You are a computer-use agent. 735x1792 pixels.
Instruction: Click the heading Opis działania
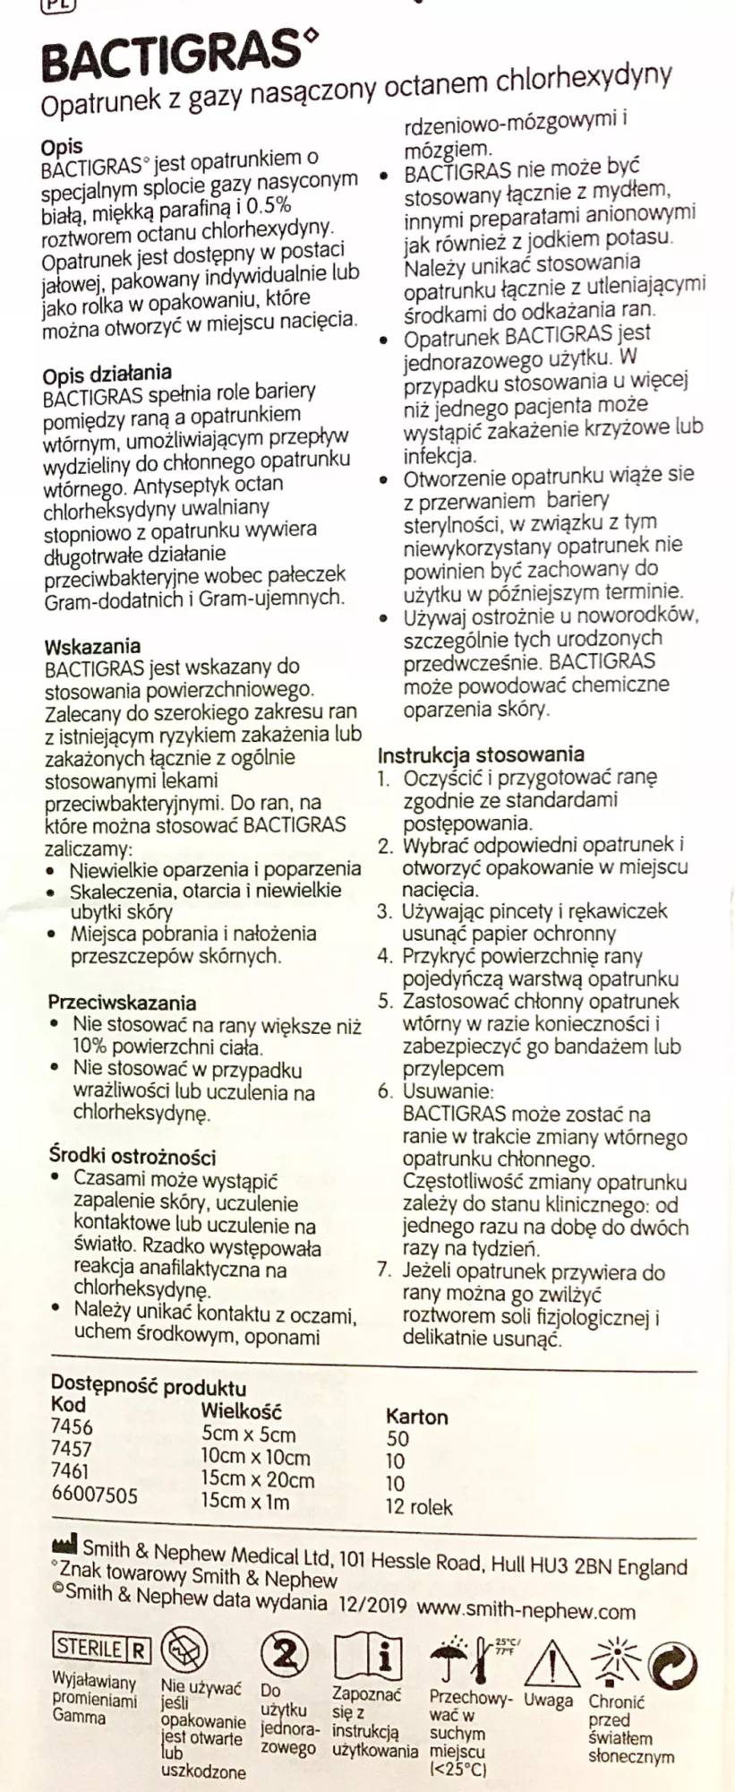click(107, 374)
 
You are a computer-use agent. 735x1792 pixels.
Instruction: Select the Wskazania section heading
click(92, 646)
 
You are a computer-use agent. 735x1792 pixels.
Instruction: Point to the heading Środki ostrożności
click(132, 1157)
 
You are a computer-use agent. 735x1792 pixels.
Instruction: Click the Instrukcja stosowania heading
click(480, 755)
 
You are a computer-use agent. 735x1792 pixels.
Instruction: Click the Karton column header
click(416, 1417)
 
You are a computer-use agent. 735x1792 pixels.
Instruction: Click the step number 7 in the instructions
click(384, 1271)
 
